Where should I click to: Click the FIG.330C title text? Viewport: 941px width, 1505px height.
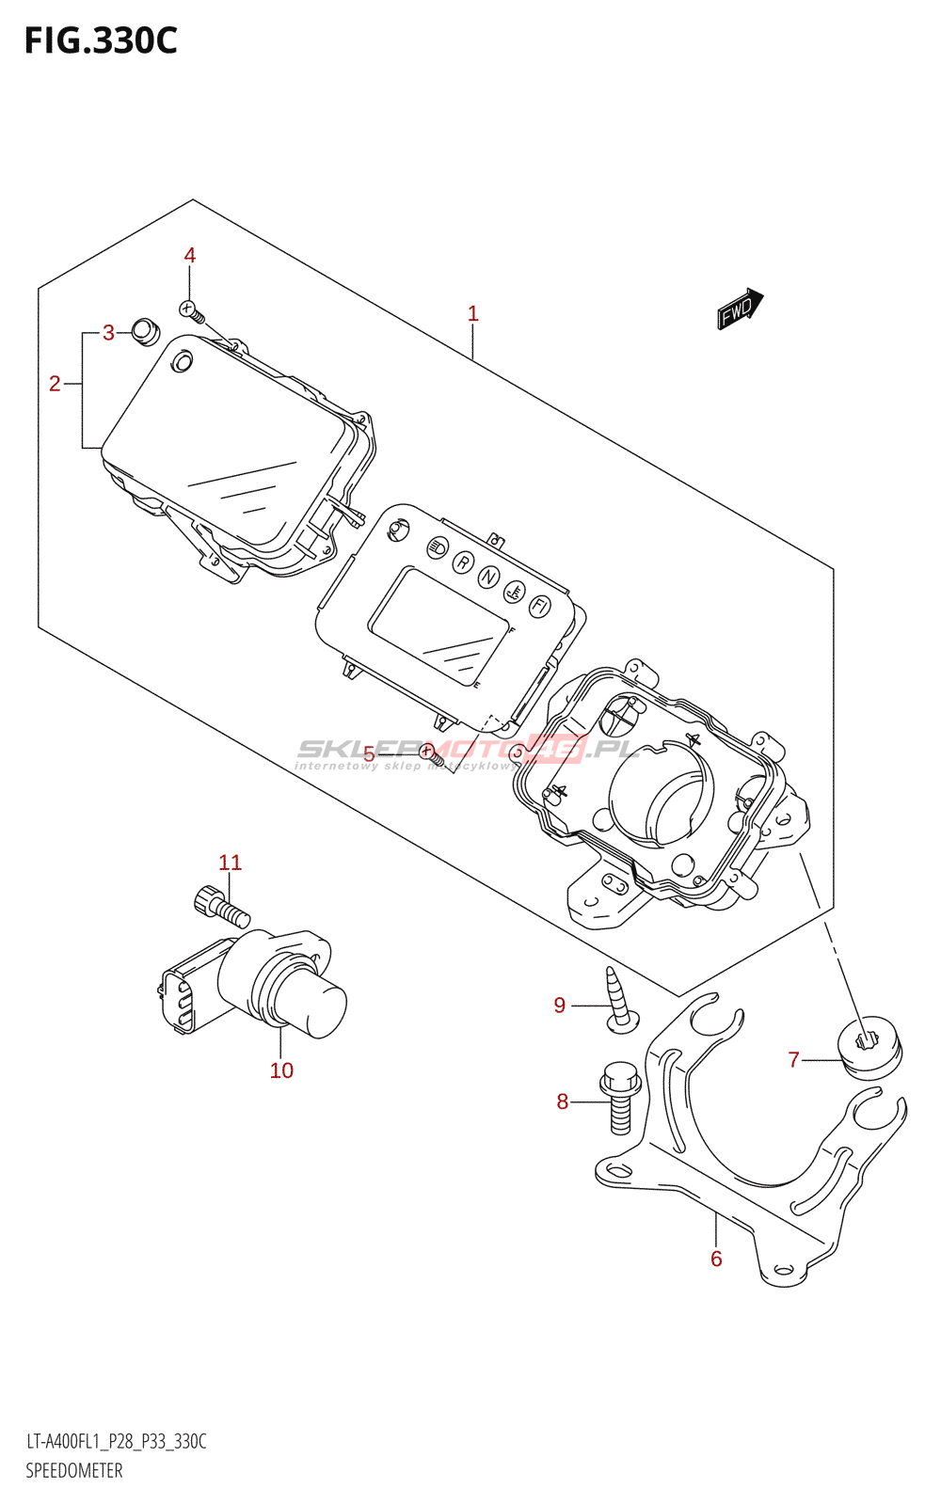[100, 41]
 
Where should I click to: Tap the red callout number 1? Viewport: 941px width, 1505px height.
[473, 313]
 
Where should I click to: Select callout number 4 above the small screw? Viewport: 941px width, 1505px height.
[190, 256]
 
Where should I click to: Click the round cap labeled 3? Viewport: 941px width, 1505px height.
[145, 331]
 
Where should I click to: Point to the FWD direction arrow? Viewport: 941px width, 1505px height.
[740, 308]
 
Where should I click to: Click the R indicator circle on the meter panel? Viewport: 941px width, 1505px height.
[462, 562]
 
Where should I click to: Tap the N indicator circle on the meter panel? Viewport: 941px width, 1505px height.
[487, 577]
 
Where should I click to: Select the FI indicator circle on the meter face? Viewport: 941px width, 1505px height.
[539, 606]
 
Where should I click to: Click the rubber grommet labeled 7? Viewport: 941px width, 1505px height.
[869, 1046]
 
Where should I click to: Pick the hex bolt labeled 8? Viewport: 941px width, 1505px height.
[621, 1098]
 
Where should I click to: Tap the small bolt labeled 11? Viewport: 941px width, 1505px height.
[218, 905]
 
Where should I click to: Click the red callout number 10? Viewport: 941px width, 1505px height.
[281, 1070]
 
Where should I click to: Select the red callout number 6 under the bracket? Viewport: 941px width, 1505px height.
[716, 1259]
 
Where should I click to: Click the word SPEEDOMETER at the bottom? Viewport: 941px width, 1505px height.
[74, 1471]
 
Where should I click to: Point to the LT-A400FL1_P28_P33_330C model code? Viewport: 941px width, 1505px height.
[116, 1442]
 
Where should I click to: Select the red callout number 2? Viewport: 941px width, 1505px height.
[55, 384]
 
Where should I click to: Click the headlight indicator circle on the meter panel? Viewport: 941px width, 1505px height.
[438, 547]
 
